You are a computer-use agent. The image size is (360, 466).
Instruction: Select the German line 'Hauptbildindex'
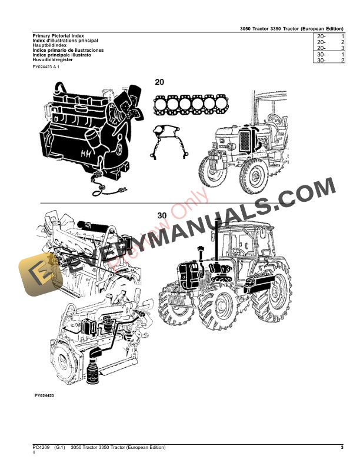49,46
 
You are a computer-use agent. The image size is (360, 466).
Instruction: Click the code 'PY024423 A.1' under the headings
46,68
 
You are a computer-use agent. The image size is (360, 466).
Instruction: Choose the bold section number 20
160,82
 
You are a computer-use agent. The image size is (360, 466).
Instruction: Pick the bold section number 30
163,215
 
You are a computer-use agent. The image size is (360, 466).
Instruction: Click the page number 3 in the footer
342,448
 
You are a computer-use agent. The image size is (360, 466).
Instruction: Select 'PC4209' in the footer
41,448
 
